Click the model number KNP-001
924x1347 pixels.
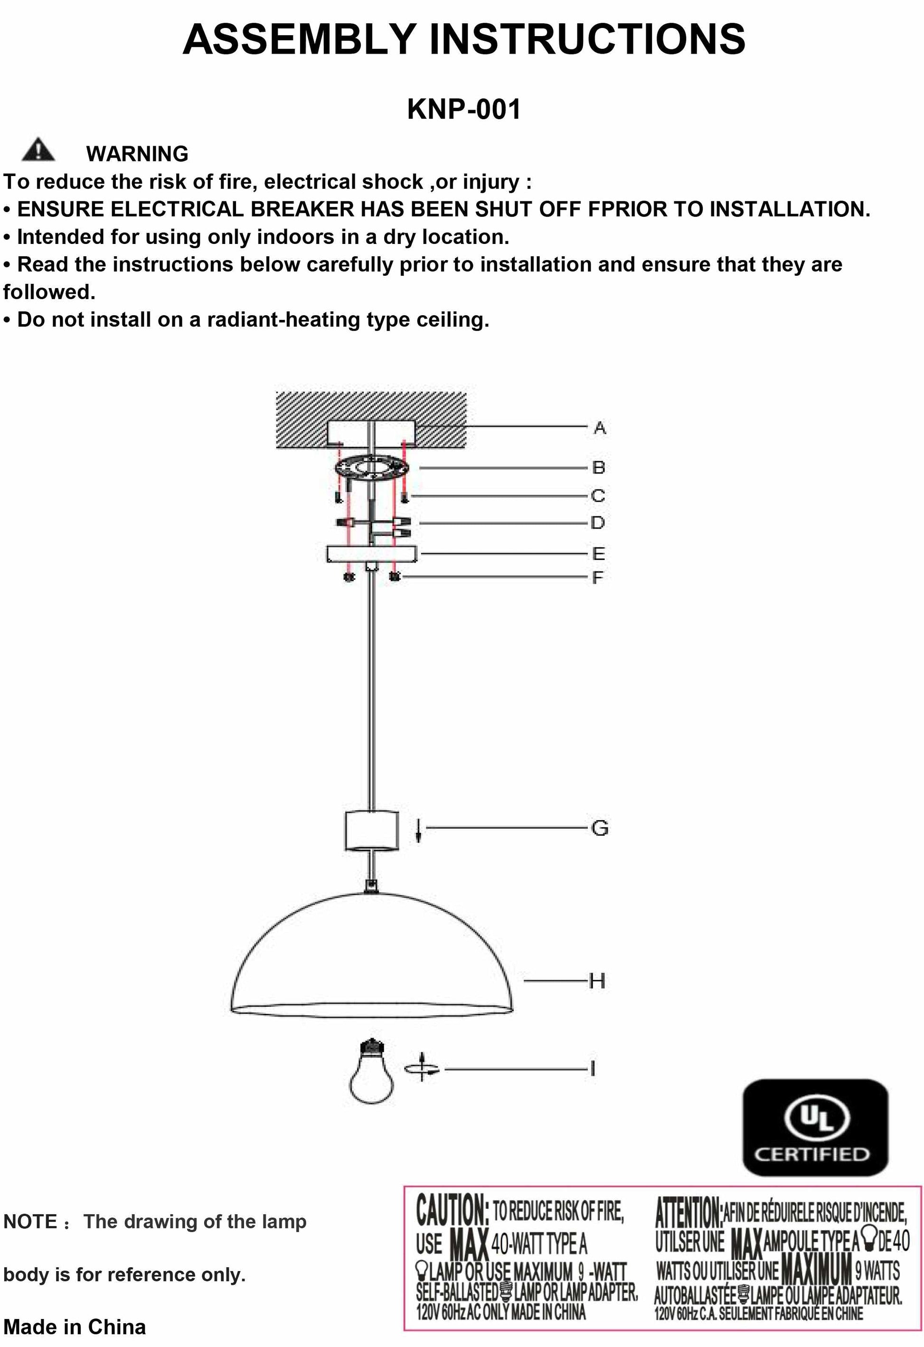coord(464,109)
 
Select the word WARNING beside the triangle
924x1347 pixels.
coord(137,154)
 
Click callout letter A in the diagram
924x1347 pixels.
coord(599,428)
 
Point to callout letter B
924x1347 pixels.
coord(598,467)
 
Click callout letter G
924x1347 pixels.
coord(599,828)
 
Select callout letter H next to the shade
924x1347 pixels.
coord(597,981)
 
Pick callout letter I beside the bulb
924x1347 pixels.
coord(593,1068)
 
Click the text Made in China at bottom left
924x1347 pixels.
coord(74,1326)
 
